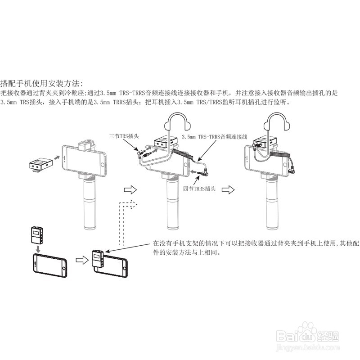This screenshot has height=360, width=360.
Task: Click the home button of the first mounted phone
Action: [x=102, y=158]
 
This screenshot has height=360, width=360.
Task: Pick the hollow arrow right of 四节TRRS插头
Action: [x=229, y=189]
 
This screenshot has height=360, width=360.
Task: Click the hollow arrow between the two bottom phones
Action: [x=81, y=259]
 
